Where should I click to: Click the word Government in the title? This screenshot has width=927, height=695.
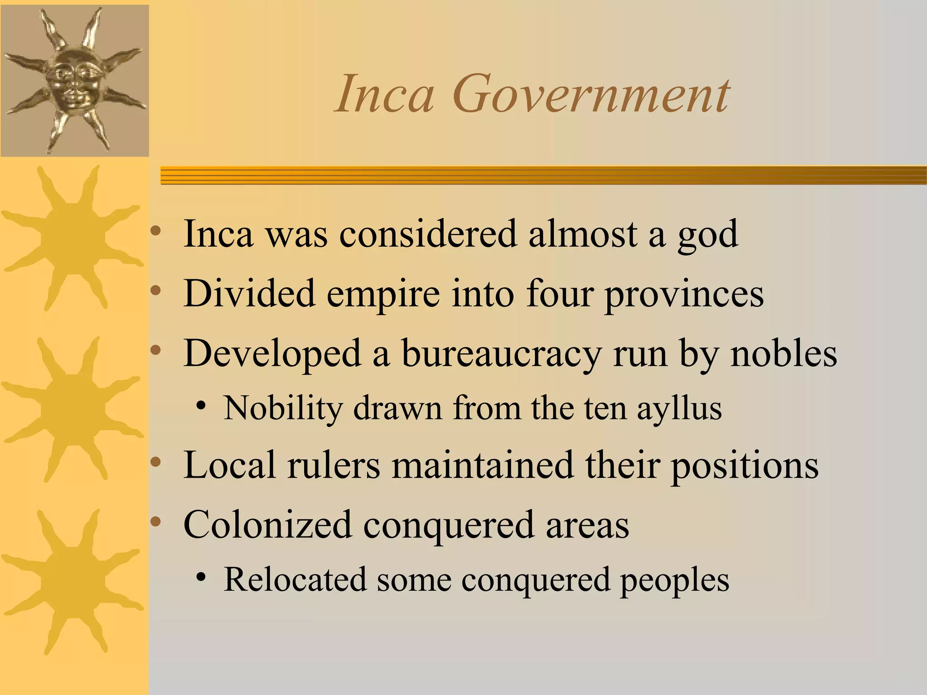coord(591,95)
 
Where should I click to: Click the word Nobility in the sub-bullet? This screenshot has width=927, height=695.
coord(283,409)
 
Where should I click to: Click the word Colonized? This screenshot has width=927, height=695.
coord(267,525)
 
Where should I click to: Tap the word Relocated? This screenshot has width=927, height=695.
coord(295,580)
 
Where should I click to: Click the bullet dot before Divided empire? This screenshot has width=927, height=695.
coord(156,290)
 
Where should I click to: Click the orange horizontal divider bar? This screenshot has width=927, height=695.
coord(543,176)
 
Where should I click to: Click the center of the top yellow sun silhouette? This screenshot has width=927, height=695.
coord(72,238)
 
